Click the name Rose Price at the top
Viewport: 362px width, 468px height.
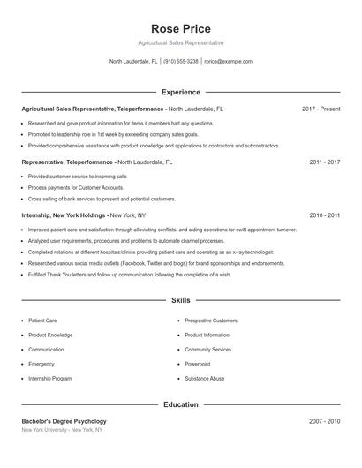click(181, 28)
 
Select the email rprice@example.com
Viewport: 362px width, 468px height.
click(229, 62)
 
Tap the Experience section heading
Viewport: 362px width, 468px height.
click(181, 92)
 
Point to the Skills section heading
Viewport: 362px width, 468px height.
click(181, 301)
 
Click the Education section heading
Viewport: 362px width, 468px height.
click(181, 404)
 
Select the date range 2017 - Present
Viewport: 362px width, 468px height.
click(321, 109)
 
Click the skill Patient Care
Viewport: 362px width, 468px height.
click(43, 321)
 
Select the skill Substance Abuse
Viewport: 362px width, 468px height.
click(205, 378)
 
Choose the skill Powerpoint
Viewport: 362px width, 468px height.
click(198, 364)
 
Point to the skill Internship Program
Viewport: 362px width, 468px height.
click(50, 378)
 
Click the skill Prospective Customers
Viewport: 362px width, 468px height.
click(211, 321)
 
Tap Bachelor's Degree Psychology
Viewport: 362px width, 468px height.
click(64, 421)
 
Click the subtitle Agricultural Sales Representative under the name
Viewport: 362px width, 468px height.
click(181, 42)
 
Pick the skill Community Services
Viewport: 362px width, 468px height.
click(207, 350)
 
